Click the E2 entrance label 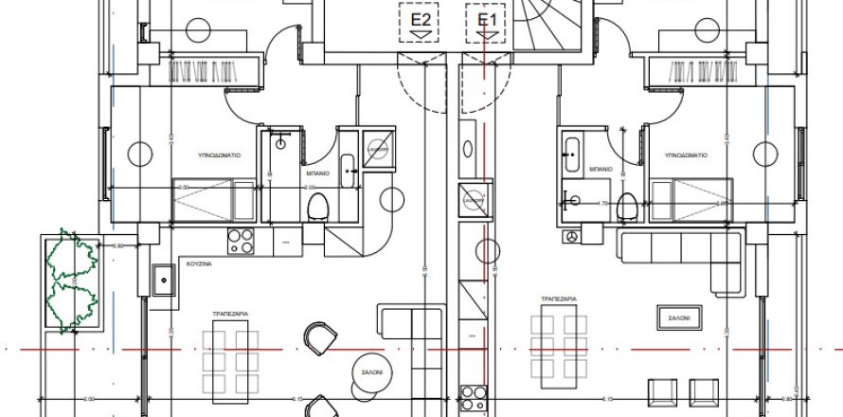click(x=420, y=20)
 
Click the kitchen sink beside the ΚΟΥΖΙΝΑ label click(x=165, y=281)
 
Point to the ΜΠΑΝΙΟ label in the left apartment click(x=317, y=174)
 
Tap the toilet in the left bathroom click(x=319, y=204)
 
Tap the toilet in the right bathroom click(x=625, y=205)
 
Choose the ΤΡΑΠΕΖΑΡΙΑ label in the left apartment click(x=231, y=311)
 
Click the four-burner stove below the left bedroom click(x=242, y=242)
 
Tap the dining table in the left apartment click(x=231, y=356)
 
